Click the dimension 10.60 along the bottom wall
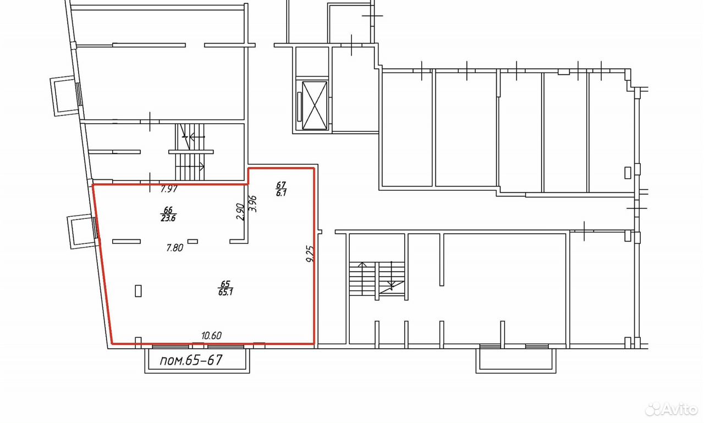(211, 336)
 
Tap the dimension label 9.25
(311, 254)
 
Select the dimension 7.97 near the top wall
(169, 189)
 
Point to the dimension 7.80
(174, 248)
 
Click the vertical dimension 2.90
(240, 212)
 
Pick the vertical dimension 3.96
(252, 204)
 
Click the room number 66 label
(168, 210)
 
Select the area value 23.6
(168, 218)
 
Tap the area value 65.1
(226, 292)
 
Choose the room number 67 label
(281, 185)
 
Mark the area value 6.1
(281, 193)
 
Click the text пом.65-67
(191, 360)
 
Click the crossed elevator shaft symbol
(314, 105)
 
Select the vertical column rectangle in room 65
(138, 290)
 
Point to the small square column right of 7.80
(193, 241)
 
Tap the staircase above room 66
(190, 152)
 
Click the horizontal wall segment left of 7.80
(127, 241)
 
